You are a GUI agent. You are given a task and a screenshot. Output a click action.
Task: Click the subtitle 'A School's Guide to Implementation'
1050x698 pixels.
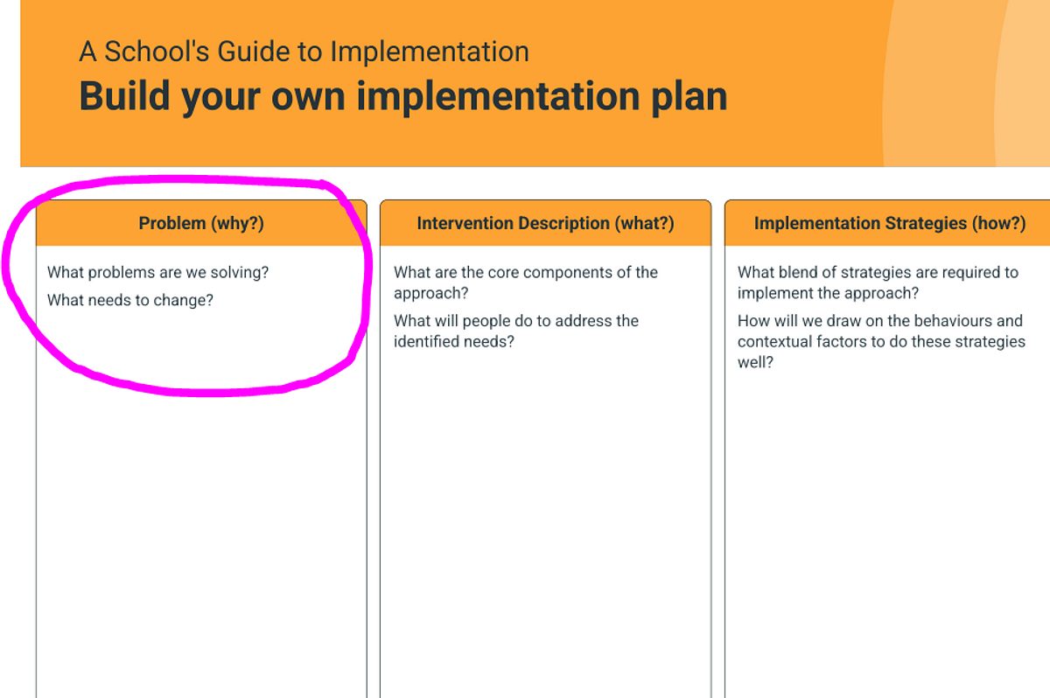point(304,51)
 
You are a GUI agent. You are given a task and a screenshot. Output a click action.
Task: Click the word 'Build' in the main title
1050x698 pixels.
point(124,96)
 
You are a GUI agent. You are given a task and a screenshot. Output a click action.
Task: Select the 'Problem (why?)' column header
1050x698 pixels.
point(201,223)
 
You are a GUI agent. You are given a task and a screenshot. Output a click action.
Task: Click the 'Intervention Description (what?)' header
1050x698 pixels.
point(546,223)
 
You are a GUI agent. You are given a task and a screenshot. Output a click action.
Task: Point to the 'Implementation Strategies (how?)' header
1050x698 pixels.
point(890,223)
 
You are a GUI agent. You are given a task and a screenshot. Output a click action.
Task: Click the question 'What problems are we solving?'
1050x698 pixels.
point(158,272)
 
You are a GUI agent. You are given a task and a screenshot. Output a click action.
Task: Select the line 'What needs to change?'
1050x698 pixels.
point(130,300)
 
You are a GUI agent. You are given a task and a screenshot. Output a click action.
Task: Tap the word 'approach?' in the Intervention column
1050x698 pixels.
point(431,293)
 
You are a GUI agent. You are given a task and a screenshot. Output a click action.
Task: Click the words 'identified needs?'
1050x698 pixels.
point(454,341)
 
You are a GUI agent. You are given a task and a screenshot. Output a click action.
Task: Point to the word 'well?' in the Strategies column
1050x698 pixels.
point(755,362)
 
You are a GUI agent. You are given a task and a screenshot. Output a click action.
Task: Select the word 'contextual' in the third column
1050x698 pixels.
point(773,341)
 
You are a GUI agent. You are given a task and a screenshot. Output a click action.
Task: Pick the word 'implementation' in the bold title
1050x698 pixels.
point(498,98)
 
